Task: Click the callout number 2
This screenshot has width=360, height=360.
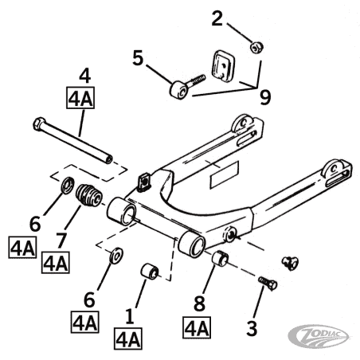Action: tap(217, 19)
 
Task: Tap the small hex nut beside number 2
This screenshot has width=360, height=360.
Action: tap(256, 48)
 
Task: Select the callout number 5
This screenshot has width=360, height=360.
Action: tap(138, 58)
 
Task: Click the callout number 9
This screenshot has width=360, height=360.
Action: tap(265, 97)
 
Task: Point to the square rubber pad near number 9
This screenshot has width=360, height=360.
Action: tap(222, 65)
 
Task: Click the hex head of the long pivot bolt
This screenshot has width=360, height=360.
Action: tap(39, 124)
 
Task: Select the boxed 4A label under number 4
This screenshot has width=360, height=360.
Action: tap(80, 97)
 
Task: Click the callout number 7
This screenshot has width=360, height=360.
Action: tap(61, 241)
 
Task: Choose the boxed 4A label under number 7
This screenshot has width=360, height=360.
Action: tap(56, 263)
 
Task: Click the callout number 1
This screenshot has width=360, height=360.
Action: tap(129, 316)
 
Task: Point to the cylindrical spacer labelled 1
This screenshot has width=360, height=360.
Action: tap(150, 272)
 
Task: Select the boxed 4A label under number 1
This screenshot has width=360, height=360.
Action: tap(128, 338)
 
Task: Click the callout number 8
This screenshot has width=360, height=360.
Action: tap(199, 303)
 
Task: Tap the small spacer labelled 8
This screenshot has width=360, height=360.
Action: tap(220, 258)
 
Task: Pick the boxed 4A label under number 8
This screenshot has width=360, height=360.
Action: tap(197, 327)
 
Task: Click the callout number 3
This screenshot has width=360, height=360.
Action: tap(252, 328)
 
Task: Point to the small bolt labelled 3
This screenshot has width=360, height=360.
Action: tap(268, 284)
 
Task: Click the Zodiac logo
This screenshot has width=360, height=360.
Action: tap(319, 336)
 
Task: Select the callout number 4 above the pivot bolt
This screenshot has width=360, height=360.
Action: tap(84, 76)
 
